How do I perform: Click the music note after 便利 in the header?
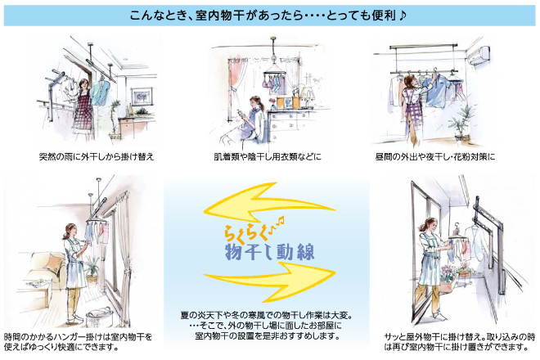[403, 15]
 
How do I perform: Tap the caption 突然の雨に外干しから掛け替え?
[97, 157]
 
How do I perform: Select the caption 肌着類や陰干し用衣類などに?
[268, 157]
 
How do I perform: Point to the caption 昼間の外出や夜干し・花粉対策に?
[435, 157]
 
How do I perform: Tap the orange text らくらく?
[246, 233]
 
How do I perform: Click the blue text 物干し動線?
[270, 253]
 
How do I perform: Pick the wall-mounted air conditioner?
[477, 56]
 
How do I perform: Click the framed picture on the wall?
[142, 97]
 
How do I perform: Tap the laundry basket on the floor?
[100, 317]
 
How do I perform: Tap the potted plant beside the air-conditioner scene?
[461, 122]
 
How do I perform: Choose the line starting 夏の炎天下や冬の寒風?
[267, 315]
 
